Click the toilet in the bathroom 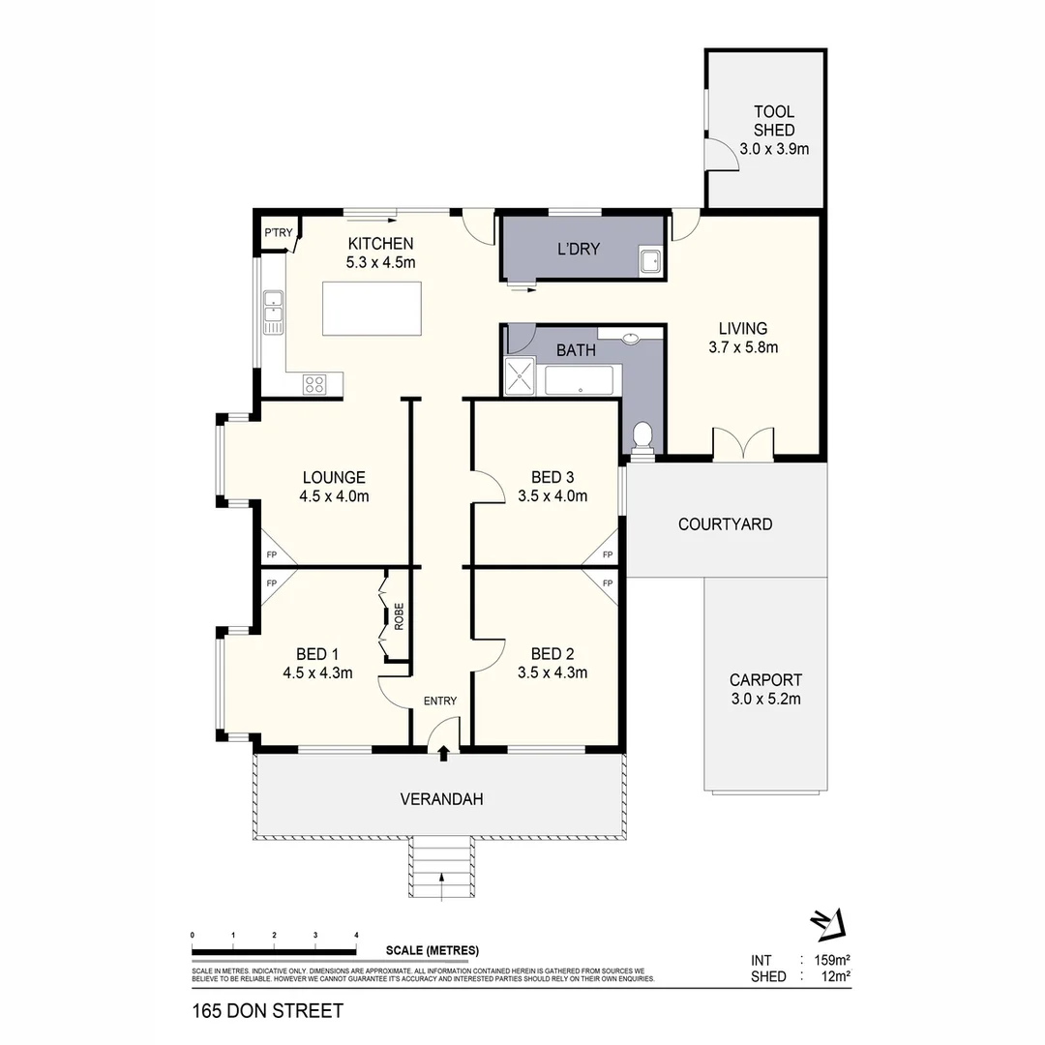coord(641,438)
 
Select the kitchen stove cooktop coord(315,384)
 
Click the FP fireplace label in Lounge coord(272,554)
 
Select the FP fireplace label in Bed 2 coord(608,583)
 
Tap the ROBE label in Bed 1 coord(397,617)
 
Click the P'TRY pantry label coord(279,232)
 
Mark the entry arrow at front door coord(443,752)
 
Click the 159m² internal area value coord(831,960)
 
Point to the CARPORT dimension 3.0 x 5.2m coord(765,699)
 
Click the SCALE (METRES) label coord(432,950)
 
